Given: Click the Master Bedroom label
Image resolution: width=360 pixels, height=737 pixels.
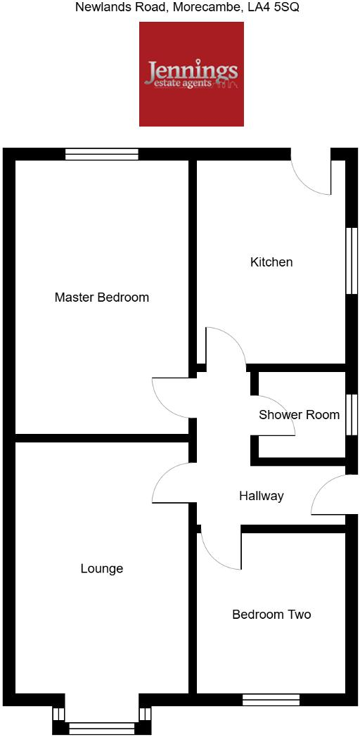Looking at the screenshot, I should (x=101, y=297).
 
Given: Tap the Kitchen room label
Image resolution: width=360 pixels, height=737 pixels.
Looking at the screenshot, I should (x=271, y=262).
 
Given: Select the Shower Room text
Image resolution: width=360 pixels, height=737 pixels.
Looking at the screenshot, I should (x=299, y=415).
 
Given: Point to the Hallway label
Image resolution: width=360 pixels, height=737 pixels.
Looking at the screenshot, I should (x=261, y=496).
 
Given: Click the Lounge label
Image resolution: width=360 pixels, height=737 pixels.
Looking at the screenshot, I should (x=101, y=569).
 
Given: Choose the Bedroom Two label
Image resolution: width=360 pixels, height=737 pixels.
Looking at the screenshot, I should (x=271, y=615).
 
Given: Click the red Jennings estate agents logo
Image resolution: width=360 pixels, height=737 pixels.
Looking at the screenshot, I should (x=191, y=74).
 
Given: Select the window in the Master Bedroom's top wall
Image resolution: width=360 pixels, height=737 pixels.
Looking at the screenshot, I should (x=101, y=154).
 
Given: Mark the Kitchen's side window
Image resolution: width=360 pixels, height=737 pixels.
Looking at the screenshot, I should (x=352, y=260).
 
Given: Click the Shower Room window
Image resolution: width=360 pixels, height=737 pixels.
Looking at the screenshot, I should (x=352, y=415).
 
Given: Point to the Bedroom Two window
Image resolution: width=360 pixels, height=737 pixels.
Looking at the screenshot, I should (x=271, y=700).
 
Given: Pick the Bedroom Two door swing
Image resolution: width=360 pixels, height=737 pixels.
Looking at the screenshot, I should (x=221, y=549).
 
